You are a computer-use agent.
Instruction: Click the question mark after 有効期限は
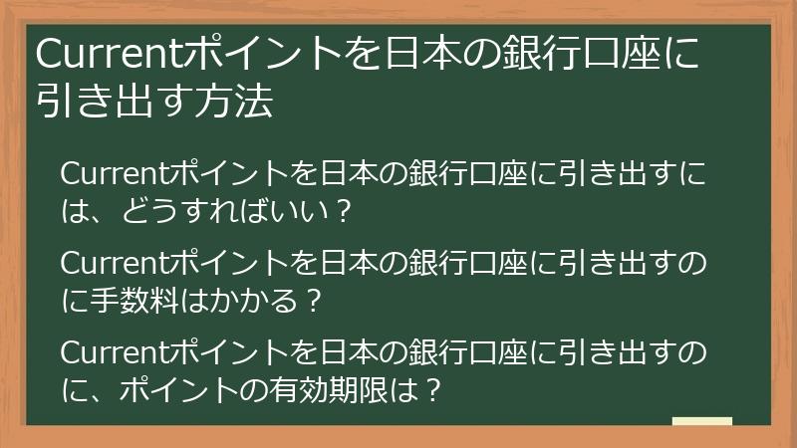(431, 388)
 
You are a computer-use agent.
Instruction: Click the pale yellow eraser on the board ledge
(701, 421)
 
